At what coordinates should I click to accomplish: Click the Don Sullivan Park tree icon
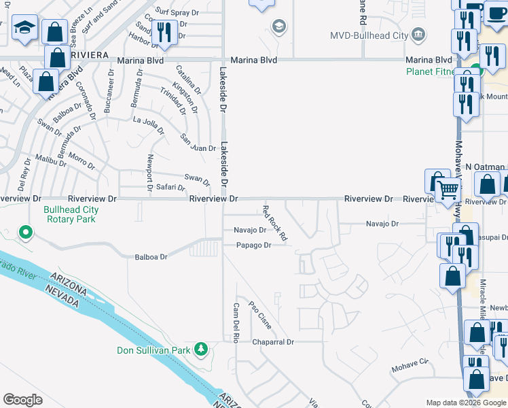coord(200,349)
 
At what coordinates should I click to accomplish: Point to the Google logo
coord(22,400)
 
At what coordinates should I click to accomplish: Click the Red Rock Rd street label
coord(275,222)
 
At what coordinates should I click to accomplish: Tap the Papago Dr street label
coord(253,245)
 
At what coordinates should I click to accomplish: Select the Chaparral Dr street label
coord(272,342)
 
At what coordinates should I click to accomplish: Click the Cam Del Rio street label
coord(236,322)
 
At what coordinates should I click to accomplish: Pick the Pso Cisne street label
coord(260,315)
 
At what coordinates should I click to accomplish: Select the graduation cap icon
coord(25,28)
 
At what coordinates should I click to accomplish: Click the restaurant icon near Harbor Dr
coord(164,31)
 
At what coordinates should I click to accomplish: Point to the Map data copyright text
coord(466,402)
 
